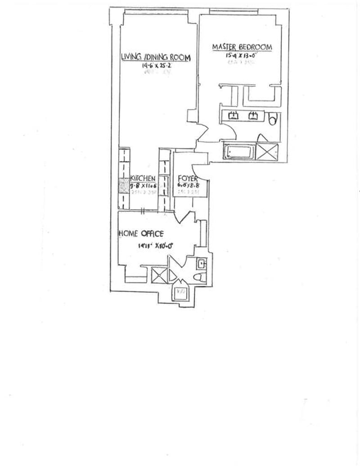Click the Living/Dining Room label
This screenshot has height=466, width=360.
156,58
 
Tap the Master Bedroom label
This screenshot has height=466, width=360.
242,47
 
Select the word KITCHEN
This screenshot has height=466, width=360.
143,178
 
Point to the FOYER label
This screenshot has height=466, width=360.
185,178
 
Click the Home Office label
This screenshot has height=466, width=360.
140,233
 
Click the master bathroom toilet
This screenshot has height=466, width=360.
272,119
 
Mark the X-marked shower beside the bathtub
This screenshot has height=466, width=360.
267,151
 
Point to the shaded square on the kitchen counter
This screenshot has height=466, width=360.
123,186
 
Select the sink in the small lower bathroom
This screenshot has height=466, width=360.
202,263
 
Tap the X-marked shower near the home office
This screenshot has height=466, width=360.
159,274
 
